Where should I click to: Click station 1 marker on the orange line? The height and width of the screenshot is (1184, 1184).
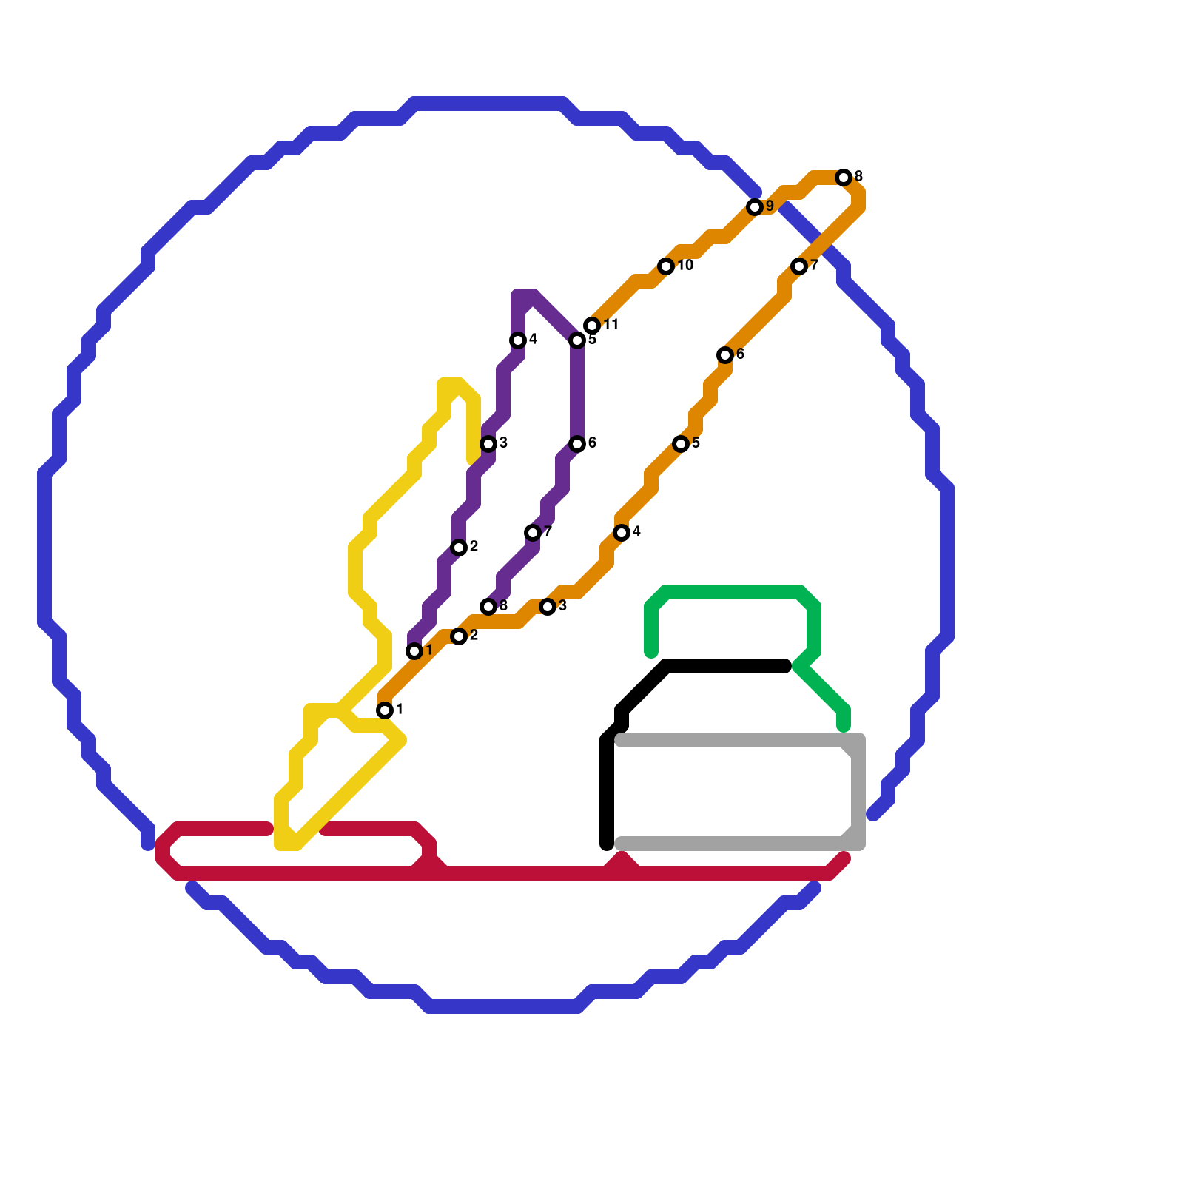(385, 710)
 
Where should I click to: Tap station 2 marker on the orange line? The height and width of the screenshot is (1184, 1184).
(459, 636)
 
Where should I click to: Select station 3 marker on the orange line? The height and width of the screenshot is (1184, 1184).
(548, 607)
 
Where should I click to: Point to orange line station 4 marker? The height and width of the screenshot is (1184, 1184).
(622, 533)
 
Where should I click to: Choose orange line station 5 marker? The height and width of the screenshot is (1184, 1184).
(681, 444)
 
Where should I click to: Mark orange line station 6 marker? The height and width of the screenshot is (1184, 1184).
(725, 355)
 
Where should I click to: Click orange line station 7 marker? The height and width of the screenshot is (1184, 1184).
(799, 266)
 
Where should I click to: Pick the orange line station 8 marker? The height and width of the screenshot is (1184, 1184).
(844, 178)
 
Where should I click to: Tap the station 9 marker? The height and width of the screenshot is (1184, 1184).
(755, 207)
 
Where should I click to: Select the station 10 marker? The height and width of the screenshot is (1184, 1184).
(666, 266)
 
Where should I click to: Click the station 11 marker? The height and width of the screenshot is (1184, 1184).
(592, 326)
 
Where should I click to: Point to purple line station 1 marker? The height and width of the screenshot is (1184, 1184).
(414, 651)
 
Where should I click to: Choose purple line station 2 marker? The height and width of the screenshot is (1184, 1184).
(459, 548)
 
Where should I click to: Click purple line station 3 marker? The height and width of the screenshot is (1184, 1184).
(488, 444)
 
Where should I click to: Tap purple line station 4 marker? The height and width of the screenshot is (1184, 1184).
(518, 340)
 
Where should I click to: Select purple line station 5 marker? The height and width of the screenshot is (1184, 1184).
(577, 340)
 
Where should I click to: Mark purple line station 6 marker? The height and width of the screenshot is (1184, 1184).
(577, 444)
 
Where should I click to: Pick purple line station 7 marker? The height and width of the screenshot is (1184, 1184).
(533, 533)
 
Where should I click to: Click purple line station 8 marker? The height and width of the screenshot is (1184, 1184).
(488, 607)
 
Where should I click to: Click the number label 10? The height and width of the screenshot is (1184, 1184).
(685, 266)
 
